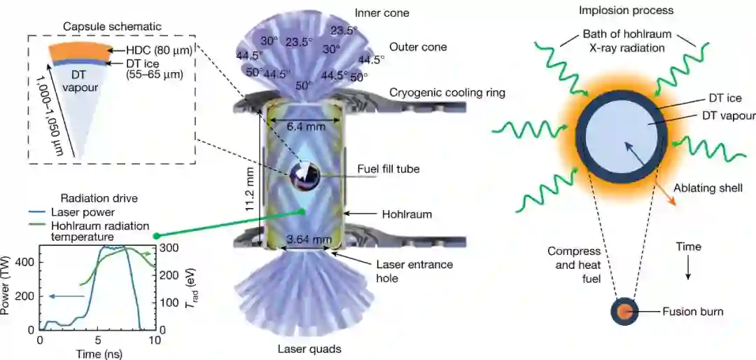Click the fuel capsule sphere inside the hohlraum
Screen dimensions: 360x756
[306, 175]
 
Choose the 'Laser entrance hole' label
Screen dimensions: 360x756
[414, 271]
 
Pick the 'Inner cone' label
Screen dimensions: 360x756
[381, 13]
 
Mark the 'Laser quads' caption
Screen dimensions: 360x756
[308, 348]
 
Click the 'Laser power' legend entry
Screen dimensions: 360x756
[81, 212]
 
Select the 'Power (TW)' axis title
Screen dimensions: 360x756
[10, 287]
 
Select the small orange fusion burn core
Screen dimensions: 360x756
[624, 311]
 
